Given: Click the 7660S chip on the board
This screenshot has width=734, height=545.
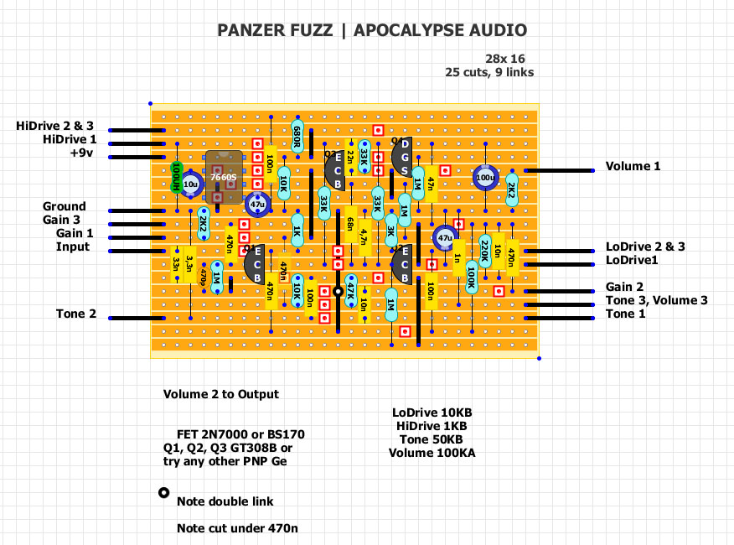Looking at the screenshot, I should coord(224,177).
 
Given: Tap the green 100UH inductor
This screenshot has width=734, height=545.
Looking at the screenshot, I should coord(177,178).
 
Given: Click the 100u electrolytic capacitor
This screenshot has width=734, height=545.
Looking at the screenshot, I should coord(484,179).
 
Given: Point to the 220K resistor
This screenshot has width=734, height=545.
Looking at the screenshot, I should coord(484,249).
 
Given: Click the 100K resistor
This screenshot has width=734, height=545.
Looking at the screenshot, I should coord(471,276).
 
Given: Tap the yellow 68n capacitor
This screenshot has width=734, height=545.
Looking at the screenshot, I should coord(350,225).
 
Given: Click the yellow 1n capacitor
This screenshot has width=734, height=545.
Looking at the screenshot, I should coord(457,259).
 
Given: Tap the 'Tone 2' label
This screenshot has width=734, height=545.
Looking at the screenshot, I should coord(76,314).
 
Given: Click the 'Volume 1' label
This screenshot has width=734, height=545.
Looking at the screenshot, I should coord(633,167).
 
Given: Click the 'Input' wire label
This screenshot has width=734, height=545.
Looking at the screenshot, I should coord(72,247).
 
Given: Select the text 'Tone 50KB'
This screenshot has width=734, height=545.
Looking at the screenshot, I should coord(427,439).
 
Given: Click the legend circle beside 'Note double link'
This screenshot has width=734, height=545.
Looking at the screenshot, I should coord(163,493).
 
